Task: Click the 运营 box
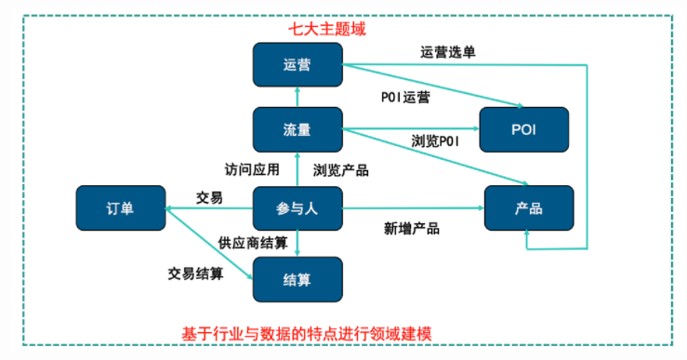pyautogui.click(x=297, y=64)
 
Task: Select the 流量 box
pyautogui.click(x=297, y=129)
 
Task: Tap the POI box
pyautogui.click(x=524, y=129)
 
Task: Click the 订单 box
pyautogui.click(x=120, y=208)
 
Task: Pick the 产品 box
pyautogui.click(x=528, y=208)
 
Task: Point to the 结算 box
pyautogui.click(x=297, y=279)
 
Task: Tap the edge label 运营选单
pyautogui.click(x=448, y=52)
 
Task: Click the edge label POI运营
pyautogui.click(x=405, y=96)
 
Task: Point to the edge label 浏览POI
pyautogui.click(x=435, y=140)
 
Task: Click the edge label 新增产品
pyautogui.click(x=411, y=228)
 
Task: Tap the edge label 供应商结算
pyautogui.click(x=254, y=242)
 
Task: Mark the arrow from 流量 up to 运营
pyautogui.click(x=297, y=97)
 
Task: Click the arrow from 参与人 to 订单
pyautogui.click(x=209, y=208)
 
